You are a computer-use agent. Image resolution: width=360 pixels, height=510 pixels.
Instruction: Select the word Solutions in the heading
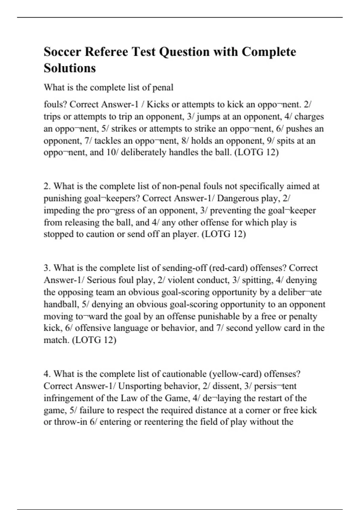(x=70, y=68)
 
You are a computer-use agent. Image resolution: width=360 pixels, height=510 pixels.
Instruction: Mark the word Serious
(x=101, y=280)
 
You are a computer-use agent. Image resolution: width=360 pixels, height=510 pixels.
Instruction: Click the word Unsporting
(x=140, y=386)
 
